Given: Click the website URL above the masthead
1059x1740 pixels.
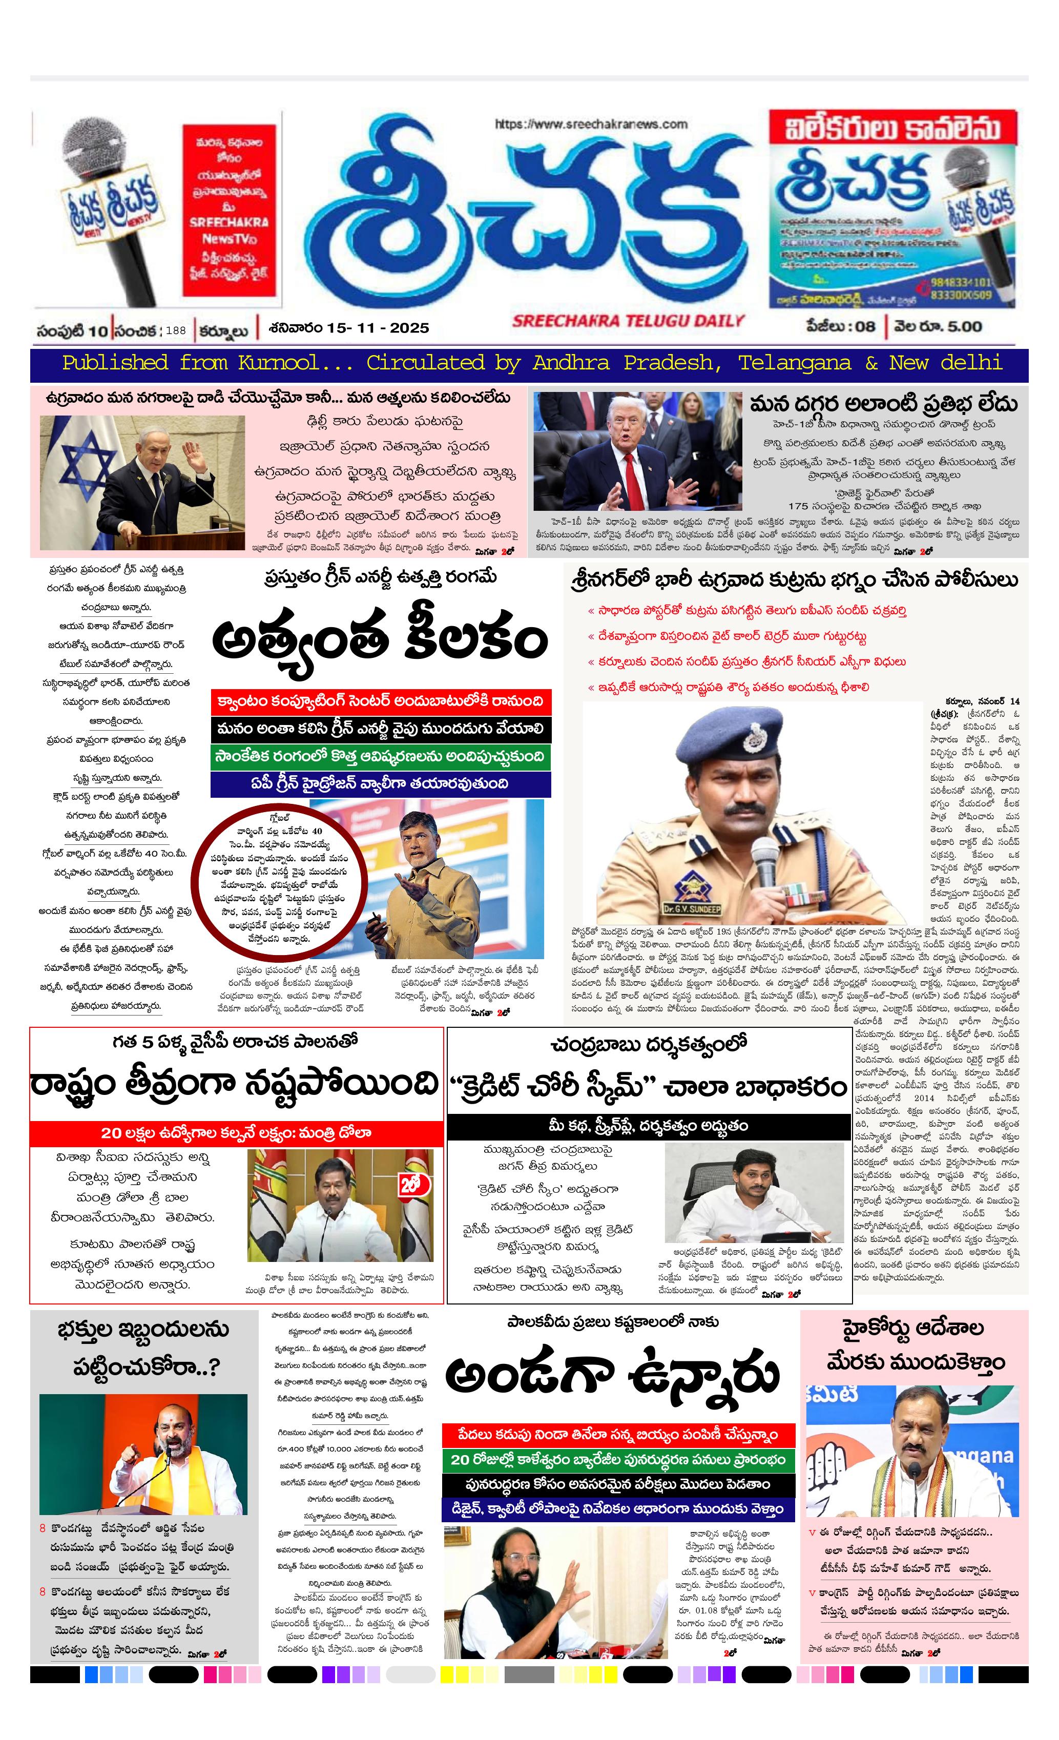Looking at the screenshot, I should [x=591, y=125].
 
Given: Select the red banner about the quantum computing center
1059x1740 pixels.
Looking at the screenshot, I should [x=381, y=701].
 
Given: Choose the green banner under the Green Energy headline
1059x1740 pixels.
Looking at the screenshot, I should [x=381, y=756].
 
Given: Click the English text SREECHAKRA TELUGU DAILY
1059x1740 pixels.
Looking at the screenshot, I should [x=628, y=321].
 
